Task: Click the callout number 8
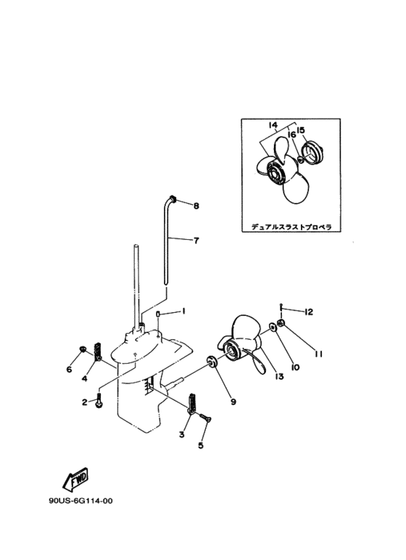(196, 206)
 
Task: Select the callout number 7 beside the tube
(196, 241)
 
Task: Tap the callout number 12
(308, 312)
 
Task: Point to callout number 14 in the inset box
(273, 125)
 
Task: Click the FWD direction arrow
(75, 479)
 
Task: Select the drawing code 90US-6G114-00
(80, 501)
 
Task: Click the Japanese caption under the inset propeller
(291, 227)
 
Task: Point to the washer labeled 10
(273, 326)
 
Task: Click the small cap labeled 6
(83, 348)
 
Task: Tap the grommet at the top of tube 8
(172, 198)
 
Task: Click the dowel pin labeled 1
(157, 314)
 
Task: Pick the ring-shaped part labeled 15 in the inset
(311, 153)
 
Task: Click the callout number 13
(279, 376)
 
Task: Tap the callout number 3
(182, 435)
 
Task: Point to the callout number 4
(84, 379)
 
